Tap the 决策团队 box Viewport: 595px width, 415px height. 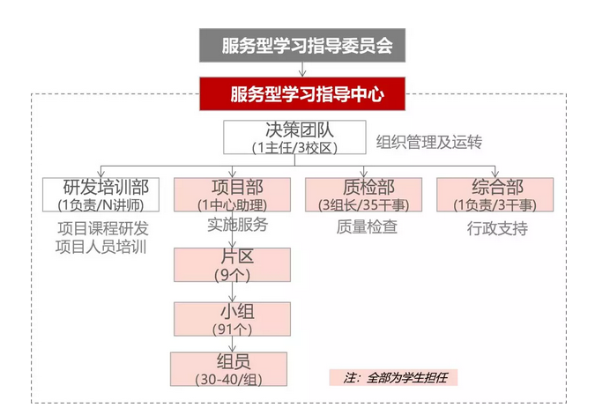click(294, 137)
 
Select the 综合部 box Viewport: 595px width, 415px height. click(495, 195)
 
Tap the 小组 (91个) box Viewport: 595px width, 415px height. click(232, 319)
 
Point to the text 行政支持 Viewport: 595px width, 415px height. click(496, 227)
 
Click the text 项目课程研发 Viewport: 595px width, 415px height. click(103, 227)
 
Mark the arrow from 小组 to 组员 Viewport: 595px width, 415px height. click(232, 345)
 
